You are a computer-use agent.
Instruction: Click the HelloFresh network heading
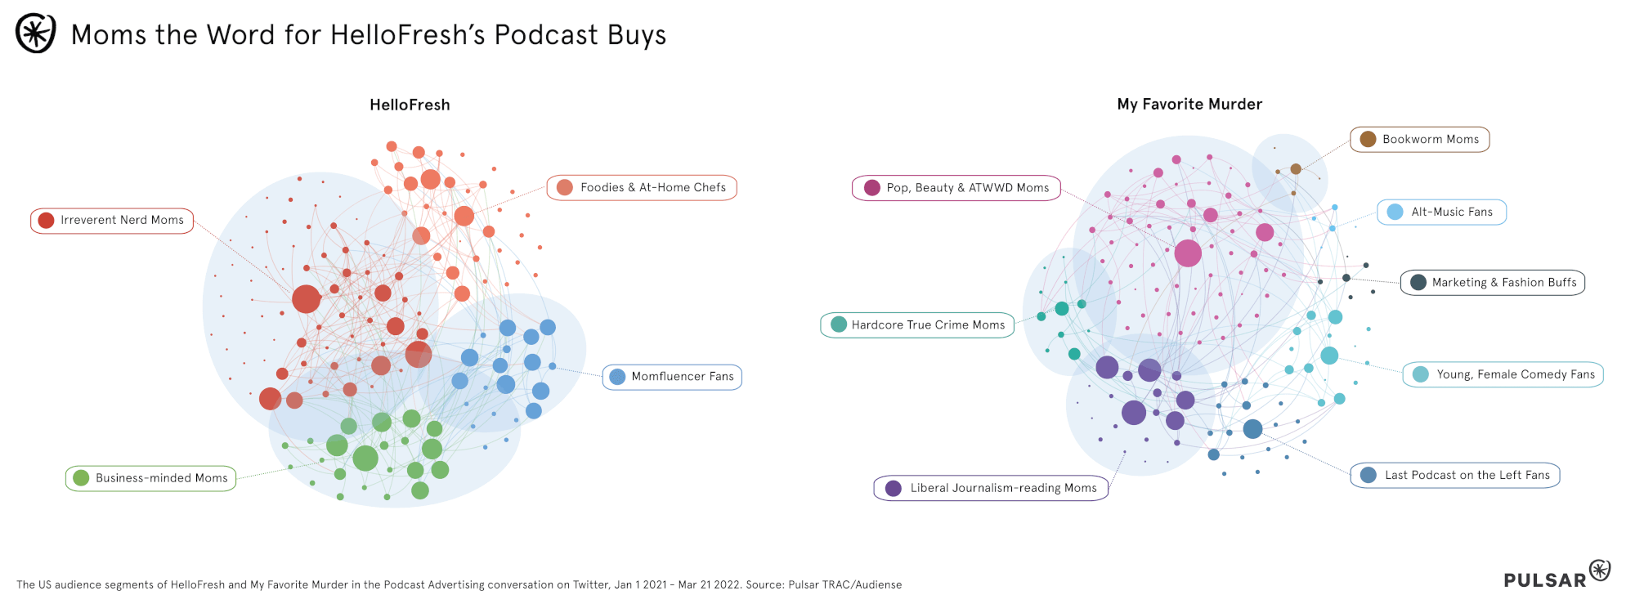(410, 105)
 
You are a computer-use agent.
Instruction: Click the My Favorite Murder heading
(1189, 104)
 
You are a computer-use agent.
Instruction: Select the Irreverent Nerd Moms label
(113, 221)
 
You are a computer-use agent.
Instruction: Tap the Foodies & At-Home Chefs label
(643, 188)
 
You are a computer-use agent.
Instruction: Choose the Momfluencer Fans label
(673, 377)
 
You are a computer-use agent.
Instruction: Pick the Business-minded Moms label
(151, 478)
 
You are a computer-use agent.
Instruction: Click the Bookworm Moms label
(1420, 140)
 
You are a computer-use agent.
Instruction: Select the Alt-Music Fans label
(1442, 213)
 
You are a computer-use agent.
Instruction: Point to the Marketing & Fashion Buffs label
(1493, 283)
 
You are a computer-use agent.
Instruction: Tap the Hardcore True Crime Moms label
(918, 325)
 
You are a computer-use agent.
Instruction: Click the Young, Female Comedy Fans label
(1504, 374)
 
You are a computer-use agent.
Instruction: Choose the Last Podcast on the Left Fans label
(1456, 476)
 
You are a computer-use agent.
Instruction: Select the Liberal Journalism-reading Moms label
(992, 488)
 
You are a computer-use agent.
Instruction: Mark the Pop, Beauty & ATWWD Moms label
(956, 188)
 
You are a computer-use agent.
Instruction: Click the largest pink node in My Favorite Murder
(1188, 253)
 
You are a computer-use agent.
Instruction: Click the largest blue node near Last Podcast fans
(1252, 428)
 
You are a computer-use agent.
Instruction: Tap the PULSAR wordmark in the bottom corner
(1545, 580)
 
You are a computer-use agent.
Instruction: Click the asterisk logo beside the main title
(36, 34)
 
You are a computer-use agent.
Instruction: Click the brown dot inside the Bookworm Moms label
(1368, 140)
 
